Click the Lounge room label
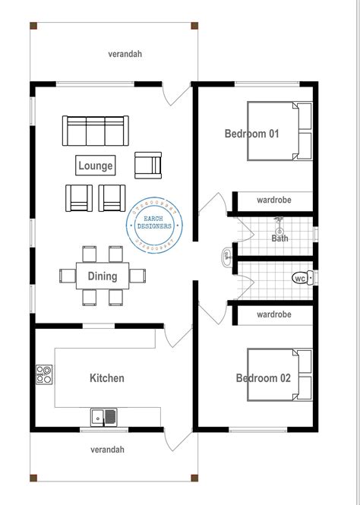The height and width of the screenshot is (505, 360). pos(96,166)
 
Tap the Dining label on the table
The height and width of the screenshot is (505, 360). pos(103,276)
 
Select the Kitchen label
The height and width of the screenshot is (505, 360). pos(107,378)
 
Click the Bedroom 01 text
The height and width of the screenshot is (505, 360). pos(252,134)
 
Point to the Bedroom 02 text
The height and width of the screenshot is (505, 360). pos(264,378)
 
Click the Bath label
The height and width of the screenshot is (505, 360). pos(280,238)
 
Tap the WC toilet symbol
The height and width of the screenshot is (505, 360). pos(302,278)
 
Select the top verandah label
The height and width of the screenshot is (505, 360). pos(125,54)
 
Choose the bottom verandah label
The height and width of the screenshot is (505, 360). pos(107,450)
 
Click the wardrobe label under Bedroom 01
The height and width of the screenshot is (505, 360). pos(274,201)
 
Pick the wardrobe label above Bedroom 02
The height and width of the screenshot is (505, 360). pos(274,314)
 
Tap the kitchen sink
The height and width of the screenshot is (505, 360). pos(104,416)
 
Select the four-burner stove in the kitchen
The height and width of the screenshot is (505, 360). pos(44,374)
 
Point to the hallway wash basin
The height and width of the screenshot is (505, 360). pos(227,254)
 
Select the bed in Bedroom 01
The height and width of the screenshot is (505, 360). pos(279,131)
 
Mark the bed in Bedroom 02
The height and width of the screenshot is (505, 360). pos(279,374)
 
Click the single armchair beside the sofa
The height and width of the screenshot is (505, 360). pos(148,165)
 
